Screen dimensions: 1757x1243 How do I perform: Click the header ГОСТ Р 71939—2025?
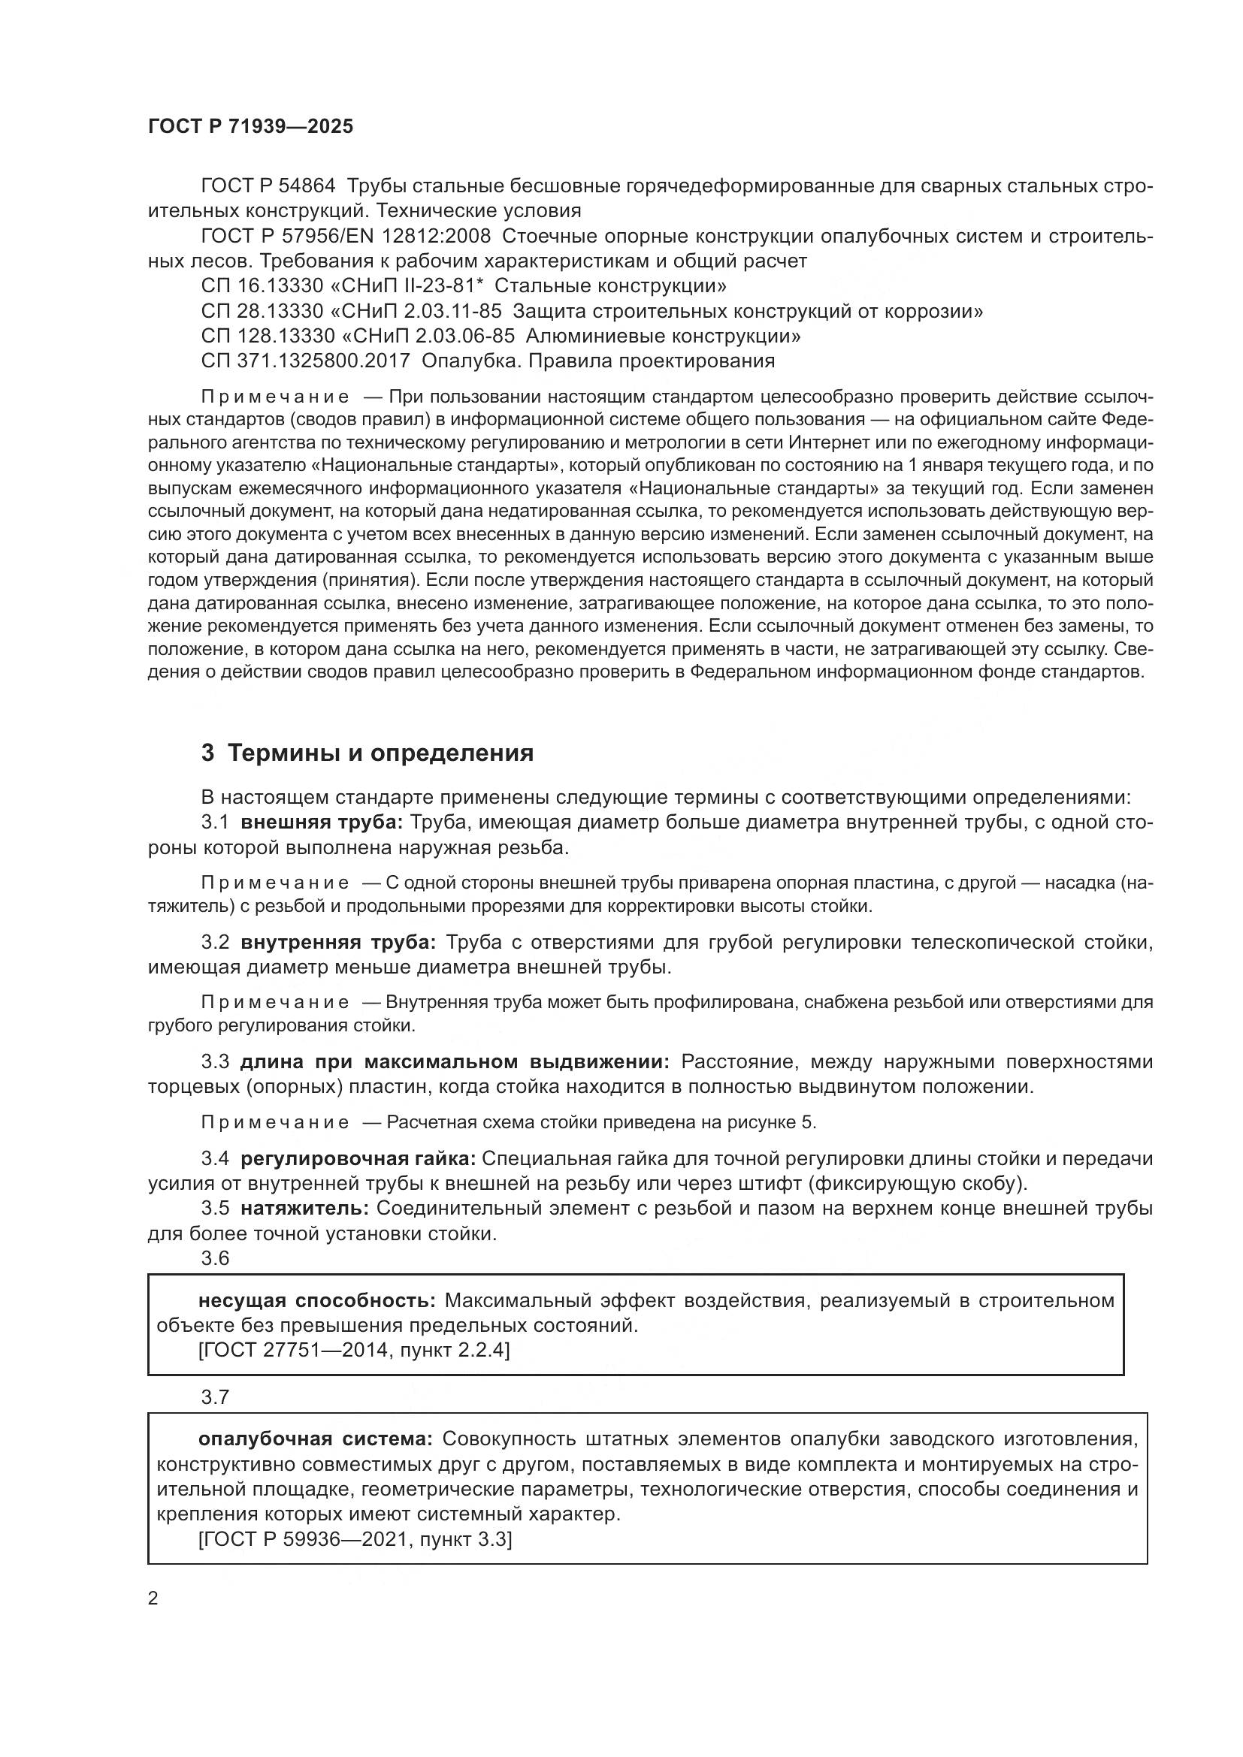250,126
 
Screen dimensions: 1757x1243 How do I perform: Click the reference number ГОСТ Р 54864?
268,186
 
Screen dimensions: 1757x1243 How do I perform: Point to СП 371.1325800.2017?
305,361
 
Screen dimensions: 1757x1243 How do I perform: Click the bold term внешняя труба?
322,823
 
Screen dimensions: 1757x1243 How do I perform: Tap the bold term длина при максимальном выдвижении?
455,1061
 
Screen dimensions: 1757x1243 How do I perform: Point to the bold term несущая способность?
317,1300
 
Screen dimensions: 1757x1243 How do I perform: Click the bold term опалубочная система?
316,1439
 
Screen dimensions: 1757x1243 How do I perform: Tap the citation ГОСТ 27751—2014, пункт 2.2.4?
354,1349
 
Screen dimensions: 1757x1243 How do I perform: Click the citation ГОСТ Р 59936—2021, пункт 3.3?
355,1539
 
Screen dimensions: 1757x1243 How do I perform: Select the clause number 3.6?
215,1258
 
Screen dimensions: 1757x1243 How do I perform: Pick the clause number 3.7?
215,1397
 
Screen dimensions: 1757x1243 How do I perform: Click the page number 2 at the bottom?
153,1598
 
